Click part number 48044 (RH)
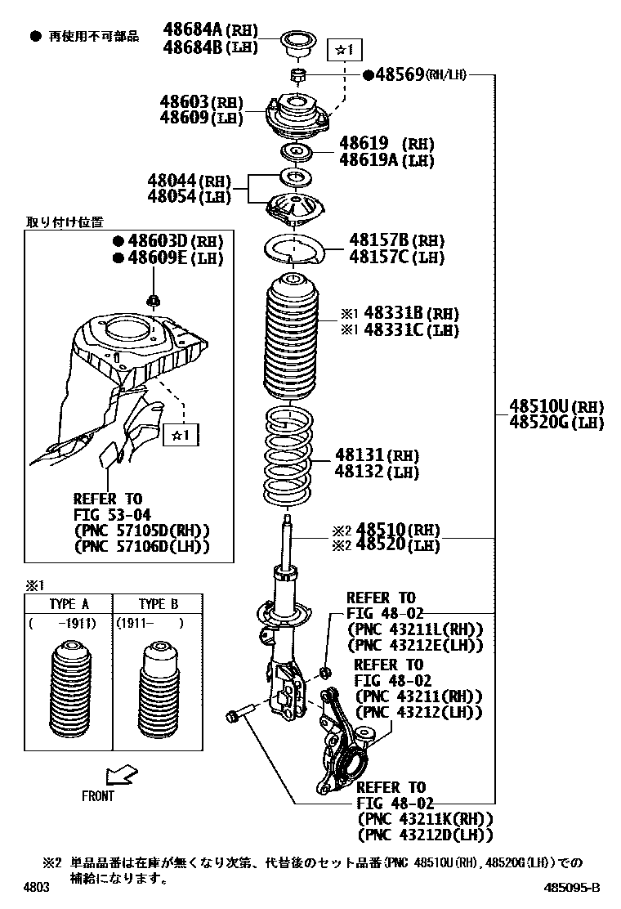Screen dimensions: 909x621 coord(189,180)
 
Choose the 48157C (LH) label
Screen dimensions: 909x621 coord(397,257)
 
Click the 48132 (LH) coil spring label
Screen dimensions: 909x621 coord(376,472)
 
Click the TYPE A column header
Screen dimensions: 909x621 coord(69,605)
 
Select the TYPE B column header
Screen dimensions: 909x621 coord(158,605)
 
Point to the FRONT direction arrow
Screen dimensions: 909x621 coord(122,772)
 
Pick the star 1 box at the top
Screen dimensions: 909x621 coord(343,50)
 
